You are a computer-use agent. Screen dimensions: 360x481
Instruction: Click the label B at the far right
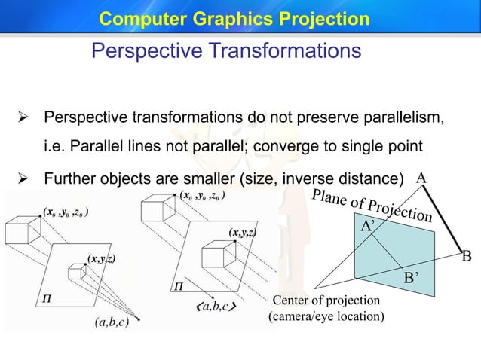pos(466,257)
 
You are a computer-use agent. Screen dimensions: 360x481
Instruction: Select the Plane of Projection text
pos(372,205)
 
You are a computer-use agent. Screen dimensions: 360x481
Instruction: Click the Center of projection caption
pos(326,301)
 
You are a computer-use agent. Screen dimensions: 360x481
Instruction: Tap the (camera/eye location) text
pos(326,316)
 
